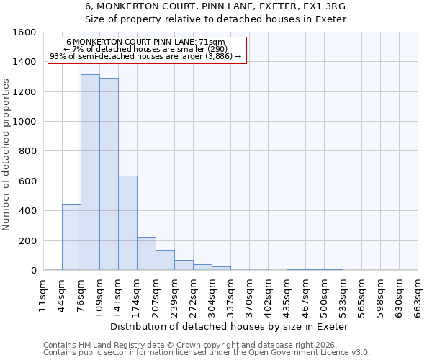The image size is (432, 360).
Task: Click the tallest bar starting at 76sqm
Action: [x=90, y=173]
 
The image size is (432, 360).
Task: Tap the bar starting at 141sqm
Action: [x=127, y=223]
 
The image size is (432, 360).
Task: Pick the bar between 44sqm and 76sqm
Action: [x=71, y=238]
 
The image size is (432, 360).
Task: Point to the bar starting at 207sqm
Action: [x=165, y=260]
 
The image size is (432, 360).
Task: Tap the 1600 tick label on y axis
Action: [x=24, y=32]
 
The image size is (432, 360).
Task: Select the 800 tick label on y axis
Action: [x=27, y=151]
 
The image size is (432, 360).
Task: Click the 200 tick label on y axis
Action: [x=27, y=240]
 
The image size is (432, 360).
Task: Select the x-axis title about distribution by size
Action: [x=230, y=326]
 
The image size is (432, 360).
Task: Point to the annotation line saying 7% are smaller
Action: [x=146, y=49]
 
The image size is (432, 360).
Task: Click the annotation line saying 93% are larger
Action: [x=146, y=56]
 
